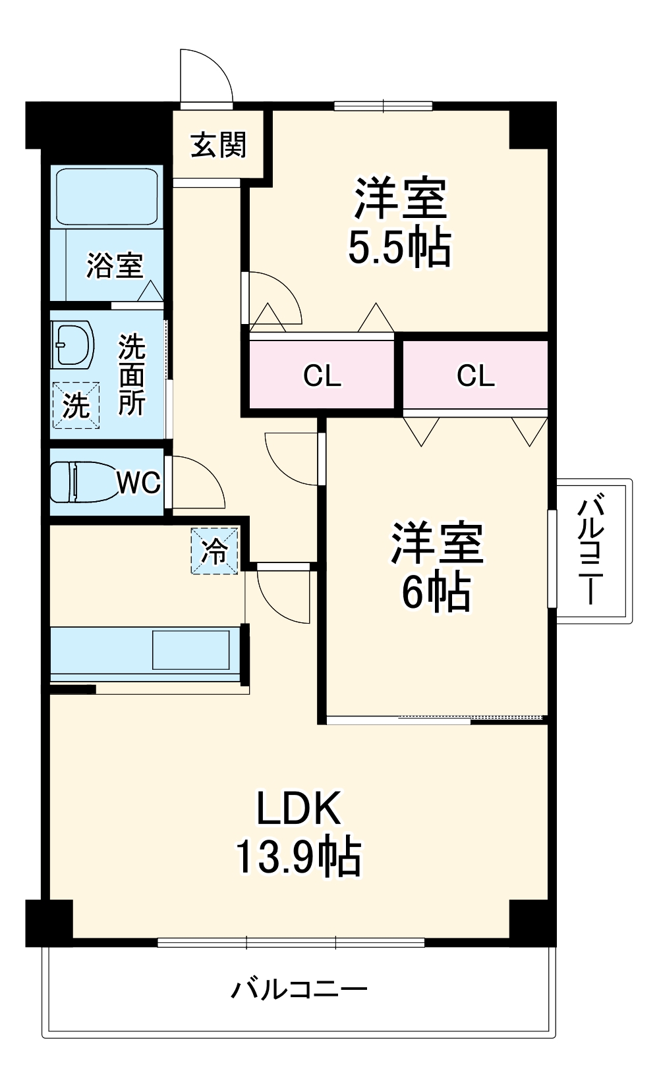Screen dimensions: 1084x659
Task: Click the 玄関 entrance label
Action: [x=218, y=145]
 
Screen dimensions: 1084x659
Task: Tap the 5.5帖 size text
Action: [x=399, y=248]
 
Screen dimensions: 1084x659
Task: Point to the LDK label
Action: [x=299, y=808]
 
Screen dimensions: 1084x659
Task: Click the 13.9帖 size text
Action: [x=299, y=857]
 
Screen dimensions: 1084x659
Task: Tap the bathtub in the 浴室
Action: [x=107, y=196]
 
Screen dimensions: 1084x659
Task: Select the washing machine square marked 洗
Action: [x=76, y=405]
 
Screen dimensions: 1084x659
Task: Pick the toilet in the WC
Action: [x=82, y=482]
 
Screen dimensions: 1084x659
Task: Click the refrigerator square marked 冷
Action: [x=214, y=551]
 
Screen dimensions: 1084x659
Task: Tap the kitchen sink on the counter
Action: [x=191, y=650]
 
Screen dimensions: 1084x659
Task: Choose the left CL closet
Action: [x=322, y=375]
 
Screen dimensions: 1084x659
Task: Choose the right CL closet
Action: [x=475, y=375]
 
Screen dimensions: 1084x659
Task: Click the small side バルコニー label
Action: [x=591, y=552]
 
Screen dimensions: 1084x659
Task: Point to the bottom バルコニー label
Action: [x=299, y=989]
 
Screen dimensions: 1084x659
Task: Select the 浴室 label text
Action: [x=115, y=265]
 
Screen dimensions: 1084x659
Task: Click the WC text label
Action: [x=139, y=483]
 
